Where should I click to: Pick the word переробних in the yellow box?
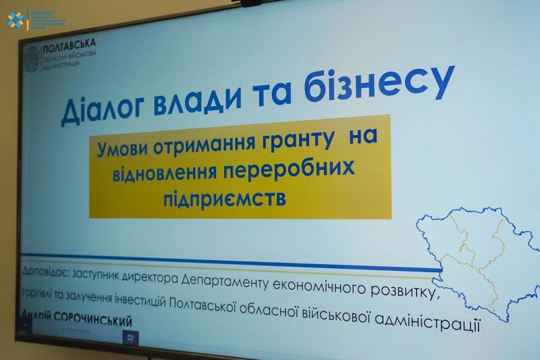pos(294,168)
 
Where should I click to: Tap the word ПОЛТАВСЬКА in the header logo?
pos(69,47)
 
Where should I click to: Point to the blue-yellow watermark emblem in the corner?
pos(15,20)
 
